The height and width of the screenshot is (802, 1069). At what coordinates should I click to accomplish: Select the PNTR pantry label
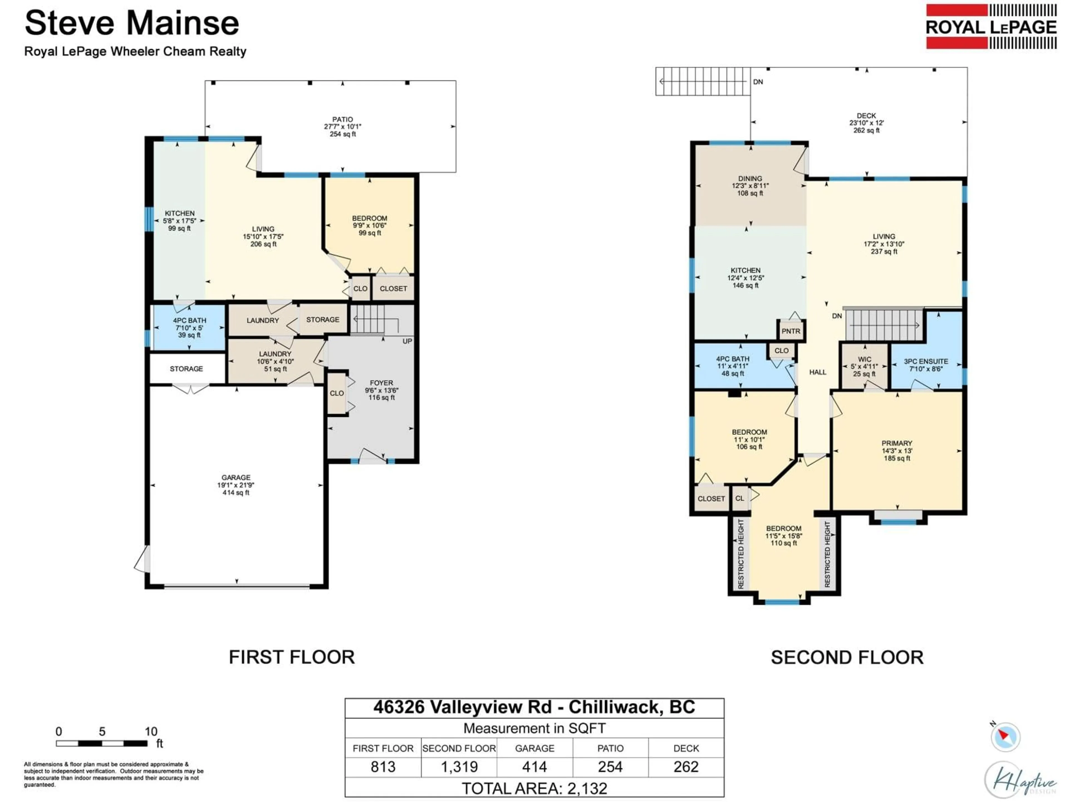791,331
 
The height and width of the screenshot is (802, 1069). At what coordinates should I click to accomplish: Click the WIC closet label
865,359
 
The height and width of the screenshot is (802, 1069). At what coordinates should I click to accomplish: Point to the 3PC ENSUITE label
926,361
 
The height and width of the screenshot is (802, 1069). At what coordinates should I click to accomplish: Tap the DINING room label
750,179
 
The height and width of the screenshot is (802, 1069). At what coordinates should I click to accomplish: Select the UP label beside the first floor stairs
407,341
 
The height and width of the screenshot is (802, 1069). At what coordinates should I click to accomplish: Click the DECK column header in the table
686,748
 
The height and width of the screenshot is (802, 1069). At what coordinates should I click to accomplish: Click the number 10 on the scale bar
151,732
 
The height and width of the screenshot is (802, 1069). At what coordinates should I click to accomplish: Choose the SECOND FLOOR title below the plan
847,657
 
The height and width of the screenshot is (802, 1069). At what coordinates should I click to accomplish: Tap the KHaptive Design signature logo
1020,779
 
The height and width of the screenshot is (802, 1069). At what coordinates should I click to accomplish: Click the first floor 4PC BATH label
190,321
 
